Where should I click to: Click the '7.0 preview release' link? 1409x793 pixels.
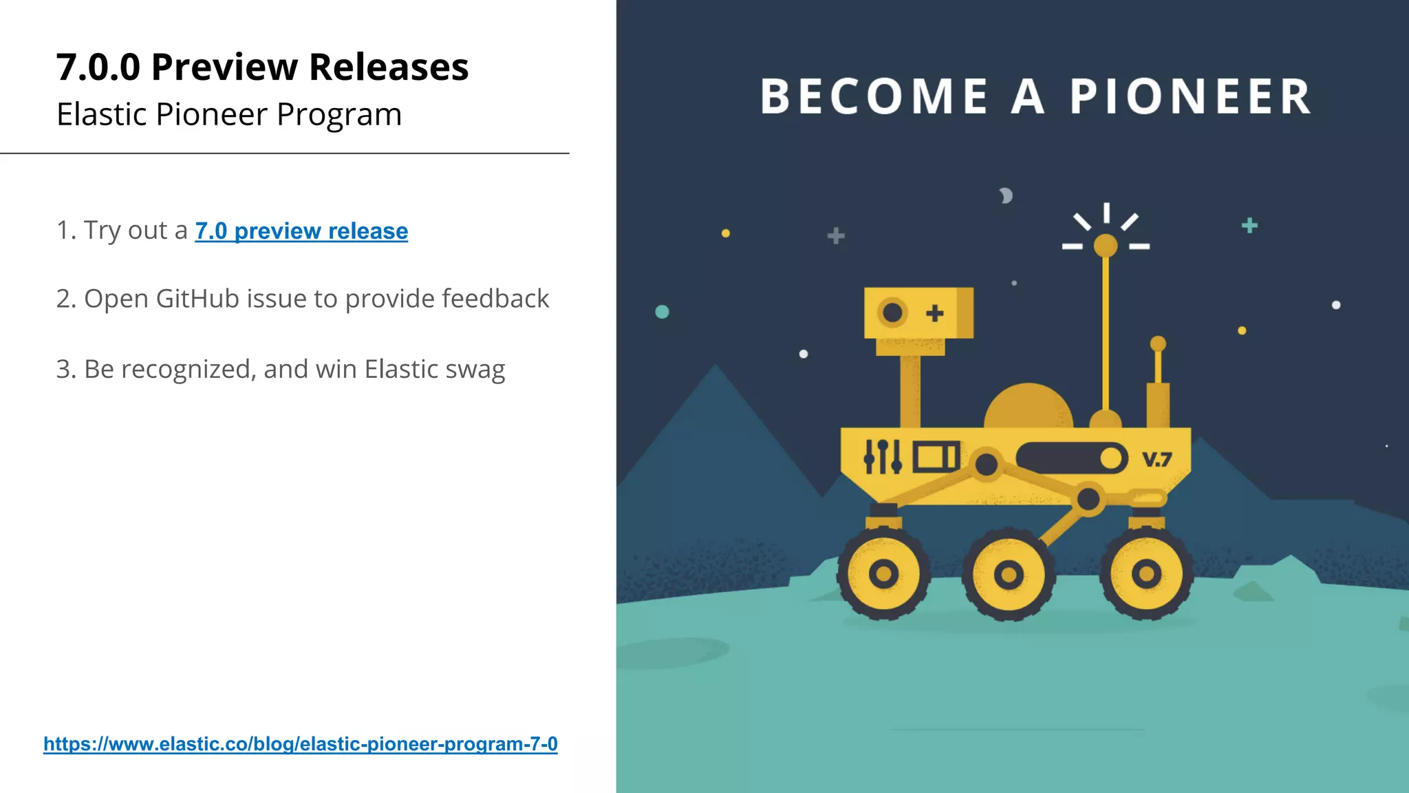click(301, 231)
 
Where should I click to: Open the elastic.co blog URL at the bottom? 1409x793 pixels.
click(301, 744)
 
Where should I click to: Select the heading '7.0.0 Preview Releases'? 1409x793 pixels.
click(262, 67)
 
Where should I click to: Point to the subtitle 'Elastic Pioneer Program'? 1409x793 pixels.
click(229, 114)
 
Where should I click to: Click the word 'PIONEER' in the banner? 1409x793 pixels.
click(1190, 96)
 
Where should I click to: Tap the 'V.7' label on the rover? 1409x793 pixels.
click(1157, 459)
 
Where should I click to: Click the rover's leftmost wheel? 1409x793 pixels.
click(883, 573)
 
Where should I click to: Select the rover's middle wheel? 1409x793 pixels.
click(1009, 574)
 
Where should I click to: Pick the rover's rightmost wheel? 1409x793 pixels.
click(1146, 573)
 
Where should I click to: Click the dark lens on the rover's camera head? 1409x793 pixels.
click(892, 313)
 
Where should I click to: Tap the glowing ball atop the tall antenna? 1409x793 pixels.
click(1106, 245)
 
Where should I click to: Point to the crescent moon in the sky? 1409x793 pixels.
click(1006, 196)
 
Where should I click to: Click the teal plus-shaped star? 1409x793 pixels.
click(1249, 225)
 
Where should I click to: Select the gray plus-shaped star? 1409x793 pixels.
click(836, 236)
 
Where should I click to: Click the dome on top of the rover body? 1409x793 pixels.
click(1028, 408)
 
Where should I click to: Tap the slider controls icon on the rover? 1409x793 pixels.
click(883, 457)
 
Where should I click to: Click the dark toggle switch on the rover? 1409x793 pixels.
click(1071, 458)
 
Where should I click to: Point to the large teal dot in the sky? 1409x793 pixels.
click(662, 312)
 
